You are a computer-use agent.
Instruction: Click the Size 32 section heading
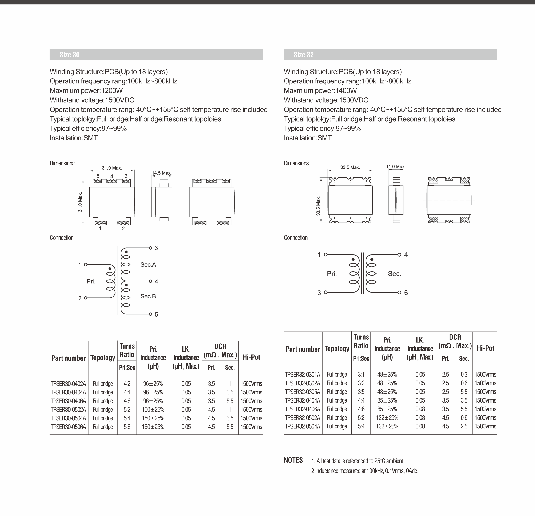tap(303, 55)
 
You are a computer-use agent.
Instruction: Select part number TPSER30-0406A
tap(68, 401)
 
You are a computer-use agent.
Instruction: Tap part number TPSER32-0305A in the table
tap(302, 392)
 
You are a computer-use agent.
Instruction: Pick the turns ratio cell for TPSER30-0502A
tap(127, 410)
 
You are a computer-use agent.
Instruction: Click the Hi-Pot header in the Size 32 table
tap(485, 348)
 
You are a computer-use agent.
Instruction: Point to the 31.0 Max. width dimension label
tap(112, 168)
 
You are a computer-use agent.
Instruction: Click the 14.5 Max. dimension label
tap(162, 173)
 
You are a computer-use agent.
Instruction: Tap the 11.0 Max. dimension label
tap(396, 167)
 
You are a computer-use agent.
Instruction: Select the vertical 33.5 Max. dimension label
tap(318, 206)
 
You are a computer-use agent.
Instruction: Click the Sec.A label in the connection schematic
tap(148, 264)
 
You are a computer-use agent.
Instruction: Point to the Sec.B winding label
tap(148, 296)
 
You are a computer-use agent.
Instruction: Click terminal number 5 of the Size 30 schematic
tap(156, 315)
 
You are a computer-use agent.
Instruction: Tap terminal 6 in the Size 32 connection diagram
tap(406, 293)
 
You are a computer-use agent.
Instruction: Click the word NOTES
tap(293, 460)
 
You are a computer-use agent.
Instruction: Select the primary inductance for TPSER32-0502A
tap(387, 417)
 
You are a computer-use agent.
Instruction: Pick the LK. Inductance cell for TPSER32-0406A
tap(420, 409)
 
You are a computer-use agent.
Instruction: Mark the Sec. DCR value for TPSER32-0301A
tap(464, 374)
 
